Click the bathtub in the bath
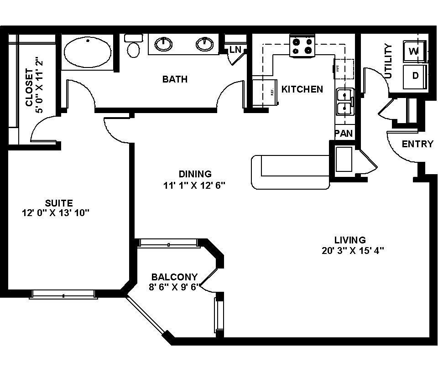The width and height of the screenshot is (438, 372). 87,52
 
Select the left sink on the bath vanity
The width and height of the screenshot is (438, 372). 163,44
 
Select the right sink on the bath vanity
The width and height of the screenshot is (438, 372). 205,44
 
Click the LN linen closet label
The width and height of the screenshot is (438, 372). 235,49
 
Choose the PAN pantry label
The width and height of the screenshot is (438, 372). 344,133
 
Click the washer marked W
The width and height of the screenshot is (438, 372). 414,51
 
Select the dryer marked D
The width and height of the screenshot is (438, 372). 415,75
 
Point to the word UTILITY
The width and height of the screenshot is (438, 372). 388,61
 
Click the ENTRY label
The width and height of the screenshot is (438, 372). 417,144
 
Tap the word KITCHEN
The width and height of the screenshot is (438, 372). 302,89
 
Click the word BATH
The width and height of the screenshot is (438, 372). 175,79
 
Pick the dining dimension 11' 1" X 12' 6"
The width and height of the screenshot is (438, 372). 195,186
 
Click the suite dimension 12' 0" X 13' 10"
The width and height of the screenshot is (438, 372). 58,213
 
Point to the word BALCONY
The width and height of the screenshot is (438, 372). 174,277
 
